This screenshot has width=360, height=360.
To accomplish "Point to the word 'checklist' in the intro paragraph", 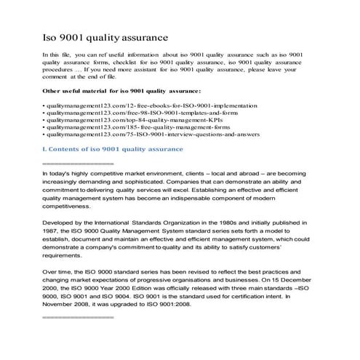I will pos(128,64).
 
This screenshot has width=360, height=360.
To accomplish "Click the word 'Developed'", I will pos(60,241).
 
